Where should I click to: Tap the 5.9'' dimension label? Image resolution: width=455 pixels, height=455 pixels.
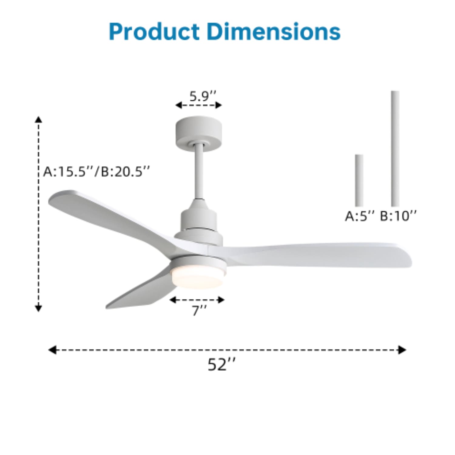point(203,96)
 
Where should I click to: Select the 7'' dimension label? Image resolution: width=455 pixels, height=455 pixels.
point(199,311)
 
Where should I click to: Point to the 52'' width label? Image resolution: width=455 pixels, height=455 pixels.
point(221,364)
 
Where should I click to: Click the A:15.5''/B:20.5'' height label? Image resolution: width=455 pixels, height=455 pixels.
point(96,172)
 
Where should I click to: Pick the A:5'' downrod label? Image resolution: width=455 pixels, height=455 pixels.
point(360,216)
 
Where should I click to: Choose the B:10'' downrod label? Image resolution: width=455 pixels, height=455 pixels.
point(398,216)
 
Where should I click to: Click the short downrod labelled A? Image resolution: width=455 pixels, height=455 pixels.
point(359,180)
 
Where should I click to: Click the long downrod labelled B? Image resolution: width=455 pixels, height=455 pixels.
point(395,149)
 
